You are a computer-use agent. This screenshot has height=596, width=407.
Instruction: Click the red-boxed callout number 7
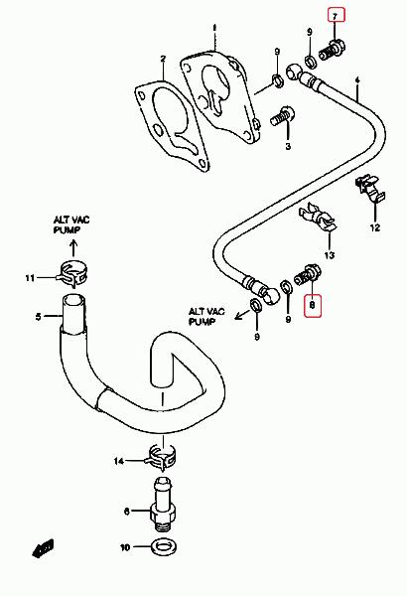pyautogui.click(x=335, y=16)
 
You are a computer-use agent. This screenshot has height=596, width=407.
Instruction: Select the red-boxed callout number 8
pyautogui.click(x=313, y=305)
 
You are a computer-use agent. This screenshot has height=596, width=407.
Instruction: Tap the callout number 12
pyautogui.click(x=375, y=227)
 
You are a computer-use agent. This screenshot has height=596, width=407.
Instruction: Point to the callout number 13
pyautogui.click(x=330, y=254)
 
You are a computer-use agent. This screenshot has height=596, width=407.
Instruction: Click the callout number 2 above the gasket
pyautogui.click(x=163, y=59)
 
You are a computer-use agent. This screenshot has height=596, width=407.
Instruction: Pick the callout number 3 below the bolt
pyautogui.click(x=288, y=146)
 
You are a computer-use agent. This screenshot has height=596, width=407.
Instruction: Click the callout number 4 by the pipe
pyautogui.click(x=357, y=80)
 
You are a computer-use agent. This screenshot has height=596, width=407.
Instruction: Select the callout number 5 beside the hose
pyautogui.click(x=39, y=316)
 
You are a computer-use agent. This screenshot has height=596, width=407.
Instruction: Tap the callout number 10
pyautogui.click(x=125, y=547)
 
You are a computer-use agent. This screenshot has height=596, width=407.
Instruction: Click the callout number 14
pyautogui.click(x=119, y=461)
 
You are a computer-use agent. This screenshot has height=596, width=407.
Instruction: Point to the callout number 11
pyautogui.click(x=30, y=278)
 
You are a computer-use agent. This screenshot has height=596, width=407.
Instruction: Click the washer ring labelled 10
pyautogui.click(x=164, y=547)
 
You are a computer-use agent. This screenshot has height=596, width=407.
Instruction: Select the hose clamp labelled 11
pyautogui.click(x=72, y=273)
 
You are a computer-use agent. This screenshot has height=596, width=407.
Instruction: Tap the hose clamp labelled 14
pyautogui.click(x=161, y=455)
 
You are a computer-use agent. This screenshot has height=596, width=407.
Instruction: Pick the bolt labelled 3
pyautogui.click(x=283, y=116)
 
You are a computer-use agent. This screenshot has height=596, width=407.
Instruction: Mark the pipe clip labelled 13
pyautogui.click(x=318, y=218)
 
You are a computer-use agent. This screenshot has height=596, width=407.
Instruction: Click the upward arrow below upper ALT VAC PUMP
pyautogui.click(x=73, y=247)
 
